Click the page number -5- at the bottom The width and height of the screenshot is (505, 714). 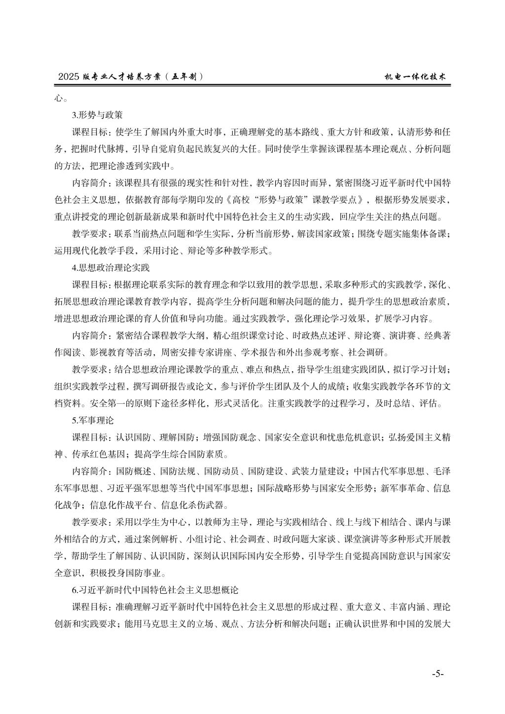click(437, 674)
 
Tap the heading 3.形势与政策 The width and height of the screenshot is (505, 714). click(97, 115)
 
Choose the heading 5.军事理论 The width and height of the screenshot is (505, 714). click(93, 421)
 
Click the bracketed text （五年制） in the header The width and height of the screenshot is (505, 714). click(183, 77)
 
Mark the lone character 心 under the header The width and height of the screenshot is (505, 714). click(59, 98)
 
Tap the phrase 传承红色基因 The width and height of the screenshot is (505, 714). click(99, 454)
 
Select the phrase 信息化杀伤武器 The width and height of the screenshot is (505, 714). click(199, 505)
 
